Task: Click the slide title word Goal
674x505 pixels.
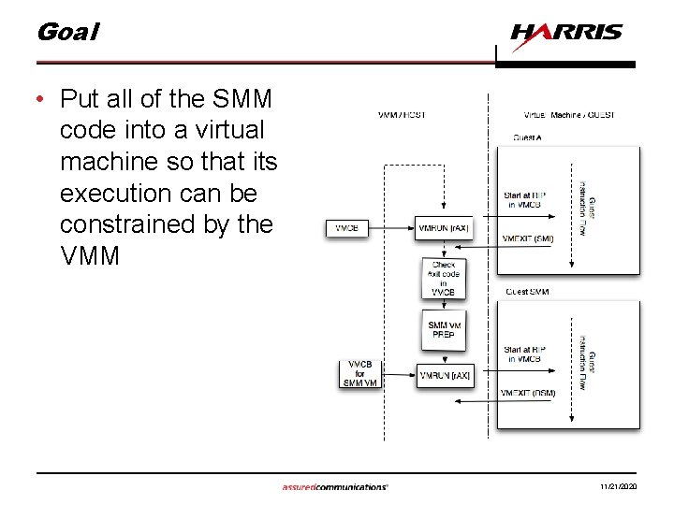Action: [x=66, y=32]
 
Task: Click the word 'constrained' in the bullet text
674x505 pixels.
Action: [x=139, y=224]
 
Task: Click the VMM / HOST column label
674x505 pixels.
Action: [x=402, y=115]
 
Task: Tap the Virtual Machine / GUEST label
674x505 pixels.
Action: [x=569, y=115]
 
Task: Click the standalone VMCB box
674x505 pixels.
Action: [x=347, y=227]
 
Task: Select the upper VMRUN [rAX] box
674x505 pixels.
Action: [x=444, y=227]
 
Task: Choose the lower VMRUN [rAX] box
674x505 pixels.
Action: [x=445, y=375]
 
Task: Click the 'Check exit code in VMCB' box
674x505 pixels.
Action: [x=443, y=278]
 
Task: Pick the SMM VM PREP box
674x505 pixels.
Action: [x=443, y=329]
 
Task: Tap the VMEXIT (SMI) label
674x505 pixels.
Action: [x=528, y=238]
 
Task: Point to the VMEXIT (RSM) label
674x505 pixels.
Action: [x=529, y=393]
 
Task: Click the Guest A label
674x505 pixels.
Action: [x=527, y=137]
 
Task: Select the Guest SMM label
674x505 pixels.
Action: [x=527, y=292]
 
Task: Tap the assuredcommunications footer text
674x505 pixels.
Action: [x=335, y=487]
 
